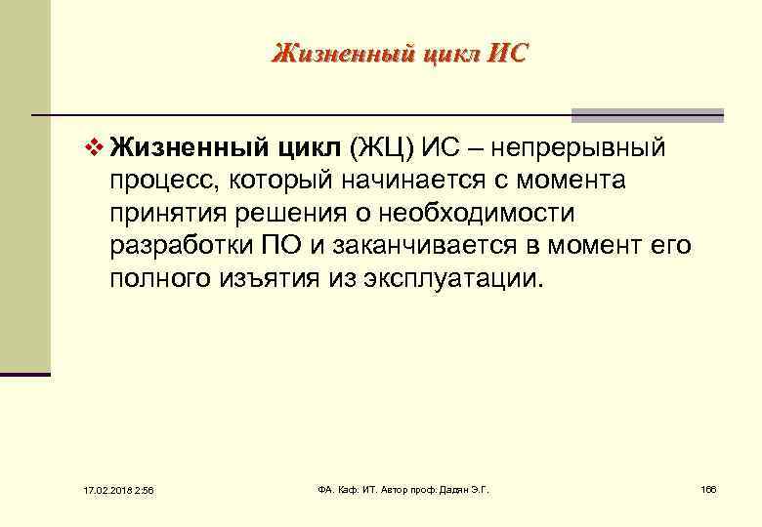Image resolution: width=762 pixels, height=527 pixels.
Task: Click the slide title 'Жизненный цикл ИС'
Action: pos(399,52)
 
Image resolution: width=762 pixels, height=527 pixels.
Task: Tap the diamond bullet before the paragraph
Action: pos(94,148)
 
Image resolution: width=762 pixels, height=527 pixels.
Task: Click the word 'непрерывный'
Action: pos(578,148)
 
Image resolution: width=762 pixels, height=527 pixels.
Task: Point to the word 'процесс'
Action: pos(160,182)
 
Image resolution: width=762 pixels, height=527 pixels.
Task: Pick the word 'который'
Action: pos(273,182)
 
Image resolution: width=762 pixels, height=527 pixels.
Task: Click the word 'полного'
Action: pos(155,279)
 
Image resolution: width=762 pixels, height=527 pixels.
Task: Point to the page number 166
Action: pos(708,488)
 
